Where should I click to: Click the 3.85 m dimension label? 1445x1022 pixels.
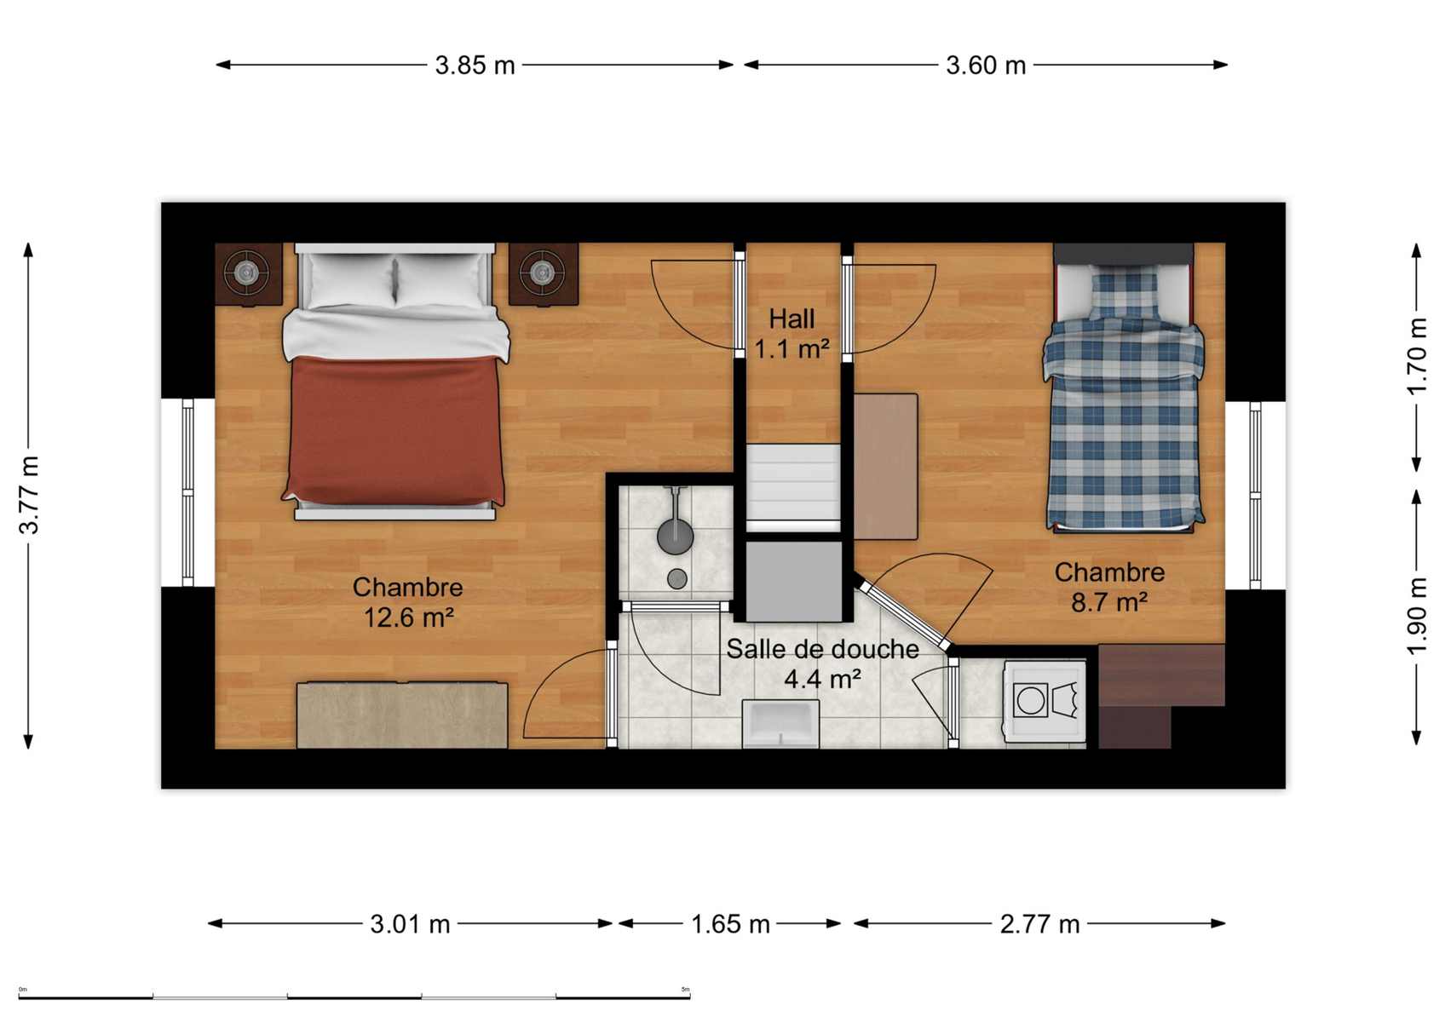click(475, 65)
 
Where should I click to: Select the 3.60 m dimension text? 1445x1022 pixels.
click(986, 65)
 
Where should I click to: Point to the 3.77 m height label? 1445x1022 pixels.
click(29, 495)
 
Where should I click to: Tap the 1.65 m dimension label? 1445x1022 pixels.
click(730, 925)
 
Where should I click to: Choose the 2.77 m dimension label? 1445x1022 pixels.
click(1040, 925)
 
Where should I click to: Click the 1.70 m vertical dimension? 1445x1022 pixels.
click(1417, 357)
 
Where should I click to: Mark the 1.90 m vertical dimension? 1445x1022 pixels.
click(1417, 616)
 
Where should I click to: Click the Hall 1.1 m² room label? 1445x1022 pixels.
click(792, 334)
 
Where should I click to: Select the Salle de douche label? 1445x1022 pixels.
click(822, 649)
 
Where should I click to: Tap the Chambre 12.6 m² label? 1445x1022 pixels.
click(408, 602)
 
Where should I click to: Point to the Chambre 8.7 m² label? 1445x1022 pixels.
click(1109, 587)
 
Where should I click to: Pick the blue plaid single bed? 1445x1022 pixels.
click(1123, 388)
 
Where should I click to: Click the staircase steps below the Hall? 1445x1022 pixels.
click(794, 487)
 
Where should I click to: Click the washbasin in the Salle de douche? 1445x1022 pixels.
click(780, 724)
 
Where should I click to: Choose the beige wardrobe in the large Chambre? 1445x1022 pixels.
click(402, 715)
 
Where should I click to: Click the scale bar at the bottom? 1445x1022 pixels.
click(354, 997)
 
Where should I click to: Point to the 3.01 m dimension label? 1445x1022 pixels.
click(410, 925)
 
